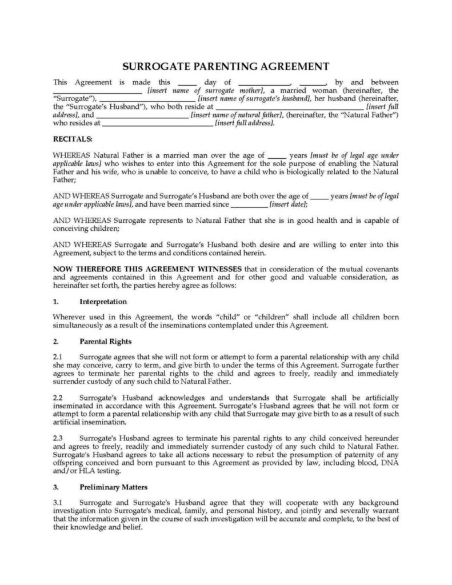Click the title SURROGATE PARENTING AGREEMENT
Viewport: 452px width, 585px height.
pos(226,66)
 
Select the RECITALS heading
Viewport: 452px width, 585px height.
pos(72,139)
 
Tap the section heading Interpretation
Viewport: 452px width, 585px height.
pos(103,301)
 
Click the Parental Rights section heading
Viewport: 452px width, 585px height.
pos(106,342)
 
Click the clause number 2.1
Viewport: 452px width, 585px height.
pos(58,356)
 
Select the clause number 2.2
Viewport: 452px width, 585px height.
pos(58,397)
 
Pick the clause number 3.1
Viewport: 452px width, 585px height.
pos(58,502)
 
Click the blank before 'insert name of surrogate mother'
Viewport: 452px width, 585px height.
pos(97,91)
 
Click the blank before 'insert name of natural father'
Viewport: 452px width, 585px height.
pos(145,115)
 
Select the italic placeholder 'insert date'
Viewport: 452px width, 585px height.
pos(289,204)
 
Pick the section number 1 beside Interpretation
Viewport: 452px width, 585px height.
pos(55,301)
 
